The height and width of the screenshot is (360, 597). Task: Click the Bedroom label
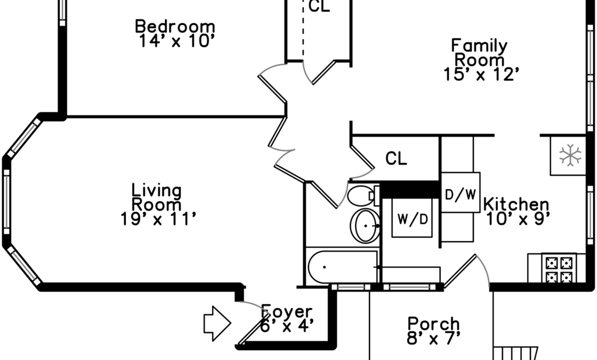[175, 27]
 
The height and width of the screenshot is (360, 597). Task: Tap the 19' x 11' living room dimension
[159, 219]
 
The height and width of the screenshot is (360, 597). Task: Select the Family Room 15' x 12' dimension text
[481, 74]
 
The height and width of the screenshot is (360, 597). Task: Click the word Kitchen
[517, 205]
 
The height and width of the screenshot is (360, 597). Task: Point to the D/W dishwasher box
[461, 193]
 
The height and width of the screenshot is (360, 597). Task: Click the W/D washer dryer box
[412, 218]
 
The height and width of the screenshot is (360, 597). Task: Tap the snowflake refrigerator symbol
[570, 155]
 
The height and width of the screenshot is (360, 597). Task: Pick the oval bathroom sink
[365, 226]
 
